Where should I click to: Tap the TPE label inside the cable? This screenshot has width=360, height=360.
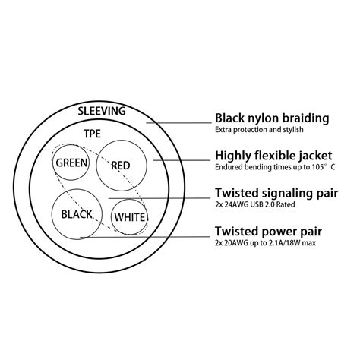pos(93,134)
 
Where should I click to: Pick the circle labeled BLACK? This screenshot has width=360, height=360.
pos(76,214)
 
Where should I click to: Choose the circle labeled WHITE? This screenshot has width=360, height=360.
pos(130,218)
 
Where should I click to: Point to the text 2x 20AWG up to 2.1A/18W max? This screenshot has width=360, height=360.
pos(266,245)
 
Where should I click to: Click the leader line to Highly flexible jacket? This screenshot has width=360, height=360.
pos(182,160)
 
